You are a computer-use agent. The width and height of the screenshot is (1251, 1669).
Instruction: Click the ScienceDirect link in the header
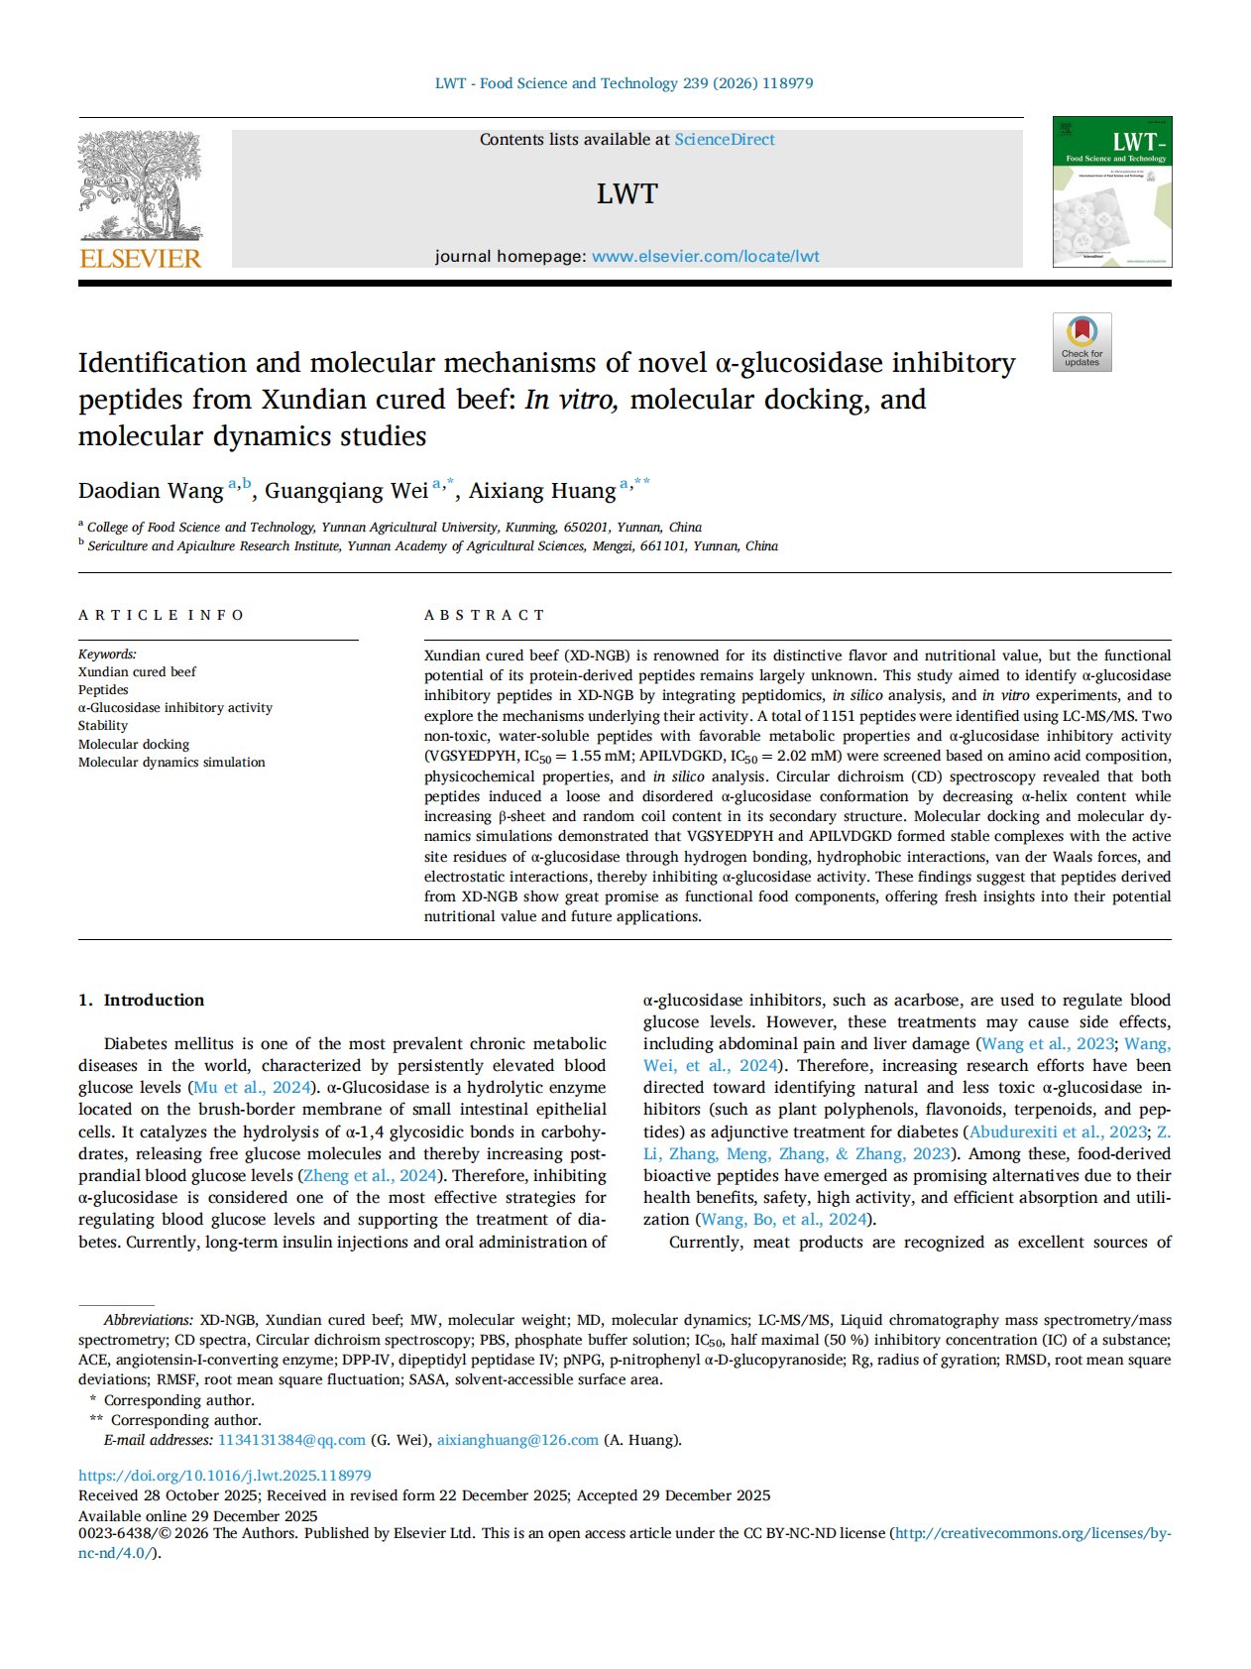click(725, 140)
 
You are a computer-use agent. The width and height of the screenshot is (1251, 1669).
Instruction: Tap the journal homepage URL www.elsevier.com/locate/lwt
click(705, 256)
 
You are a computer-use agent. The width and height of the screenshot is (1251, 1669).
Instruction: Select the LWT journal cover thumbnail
click(1111, 191)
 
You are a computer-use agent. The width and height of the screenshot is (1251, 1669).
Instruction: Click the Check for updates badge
click(1081, 342)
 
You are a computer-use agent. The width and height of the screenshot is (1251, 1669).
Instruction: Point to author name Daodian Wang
click(151, 491)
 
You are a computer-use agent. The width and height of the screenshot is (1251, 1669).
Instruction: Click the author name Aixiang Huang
click(542, 491)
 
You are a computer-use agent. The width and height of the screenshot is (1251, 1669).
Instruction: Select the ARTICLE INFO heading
click(161, 615)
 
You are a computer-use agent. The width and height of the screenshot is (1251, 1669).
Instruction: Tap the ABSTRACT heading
click(485, 615)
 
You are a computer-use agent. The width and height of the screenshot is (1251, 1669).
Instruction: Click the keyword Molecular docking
click(134, 744)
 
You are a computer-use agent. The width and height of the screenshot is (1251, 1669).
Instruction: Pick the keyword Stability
click(103, 726)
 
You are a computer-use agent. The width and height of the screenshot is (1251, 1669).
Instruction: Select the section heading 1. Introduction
click(141, 1000)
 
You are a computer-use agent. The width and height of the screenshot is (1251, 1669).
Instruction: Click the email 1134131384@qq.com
click(291, 1440)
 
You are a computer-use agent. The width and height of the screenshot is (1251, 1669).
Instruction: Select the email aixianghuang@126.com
click(517, 1440)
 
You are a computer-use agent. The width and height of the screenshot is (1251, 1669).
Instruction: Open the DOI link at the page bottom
click(225, 1476)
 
